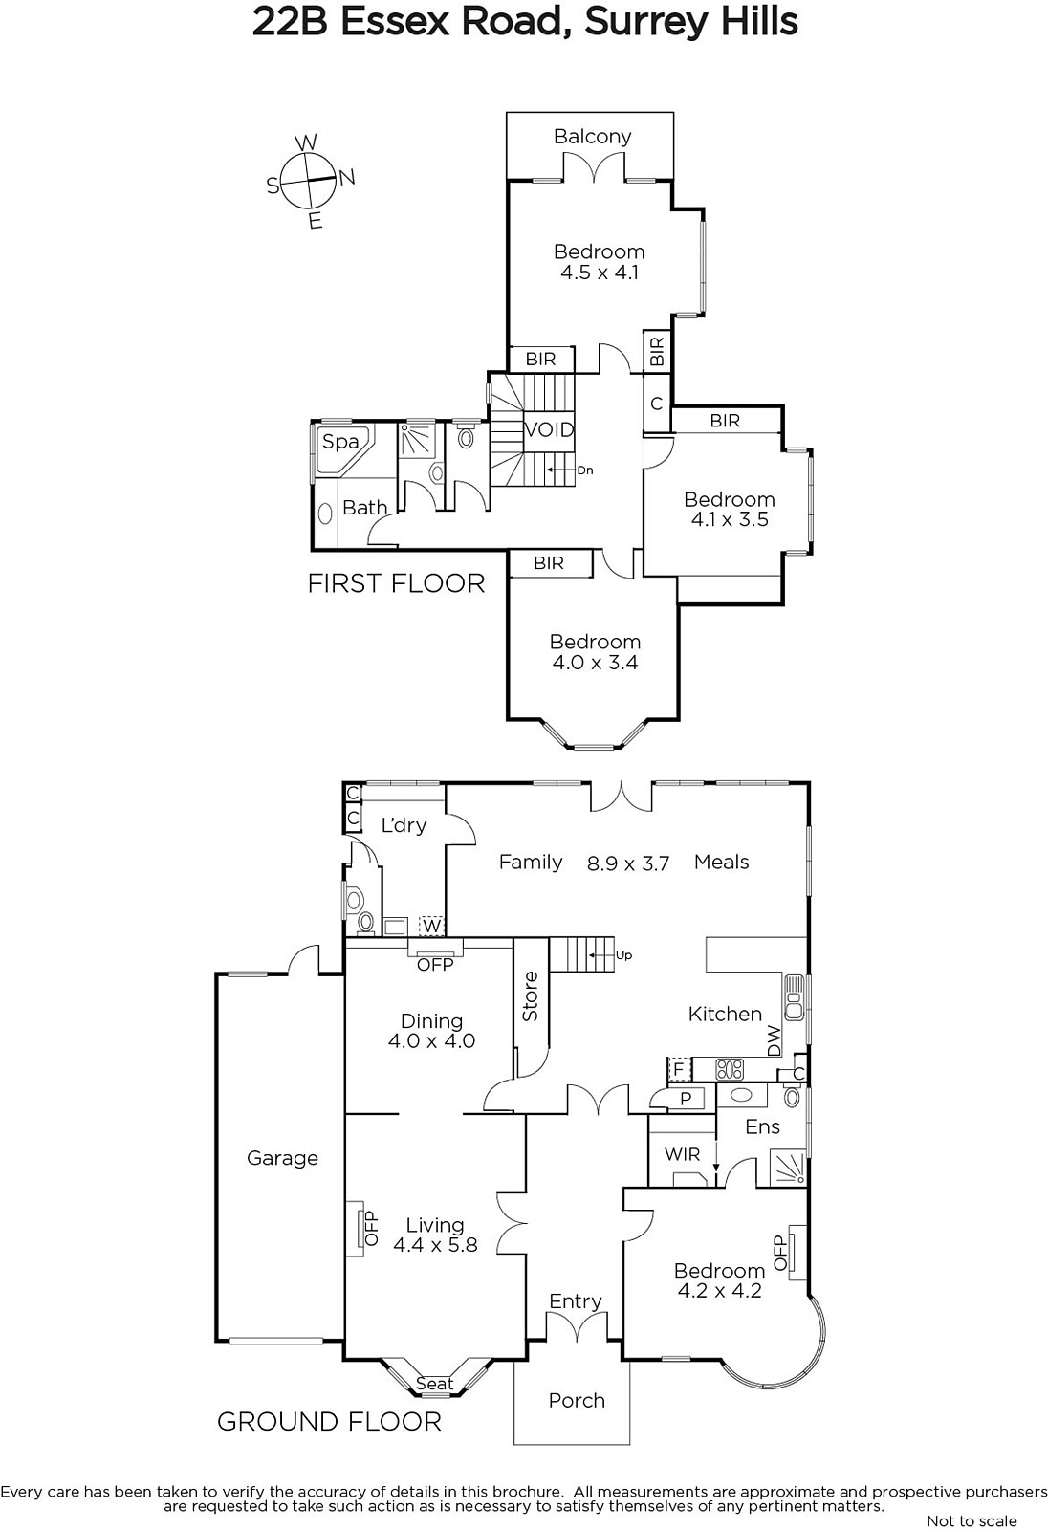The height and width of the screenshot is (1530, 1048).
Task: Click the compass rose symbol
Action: point(310,181)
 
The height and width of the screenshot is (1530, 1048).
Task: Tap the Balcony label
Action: point(592,137)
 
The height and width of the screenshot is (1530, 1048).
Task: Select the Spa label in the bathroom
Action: point(340,442)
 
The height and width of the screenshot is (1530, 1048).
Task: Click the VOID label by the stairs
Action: point(549,429)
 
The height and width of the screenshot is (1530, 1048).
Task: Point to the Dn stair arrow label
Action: point(585,470)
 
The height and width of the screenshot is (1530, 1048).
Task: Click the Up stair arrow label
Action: point(623,955)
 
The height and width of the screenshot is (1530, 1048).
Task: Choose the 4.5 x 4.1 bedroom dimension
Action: point(600,273)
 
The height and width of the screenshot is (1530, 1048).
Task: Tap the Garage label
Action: point(282,1158)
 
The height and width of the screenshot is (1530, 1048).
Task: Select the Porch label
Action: point(577,1400)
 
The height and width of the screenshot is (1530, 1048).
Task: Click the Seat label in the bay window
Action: point(434,1383)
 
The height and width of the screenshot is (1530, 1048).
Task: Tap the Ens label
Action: point(762,1126)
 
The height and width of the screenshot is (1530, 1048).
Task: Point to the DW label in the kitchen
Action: point(774,1041)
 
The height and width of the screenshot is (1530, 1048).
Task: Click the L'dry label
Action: point(404,825)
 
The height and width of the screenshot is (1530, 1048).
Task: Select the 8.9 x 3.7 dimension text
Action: point(628,863)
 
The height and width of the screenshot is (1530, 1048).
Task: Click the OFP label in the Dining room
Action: point(435,965)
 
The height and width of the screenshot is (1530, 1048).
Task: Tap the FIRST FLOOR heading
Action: point(396,583)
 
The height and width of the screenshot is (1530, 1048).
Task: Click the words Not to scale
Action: point(972,1520)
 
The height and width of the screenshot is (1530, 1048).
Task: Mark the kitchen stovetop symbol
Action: point(729,1069)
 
